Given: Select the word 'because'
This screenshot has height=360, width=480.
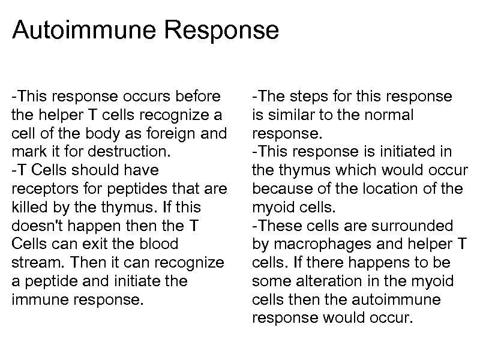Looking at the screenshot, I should coord(279,188).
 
